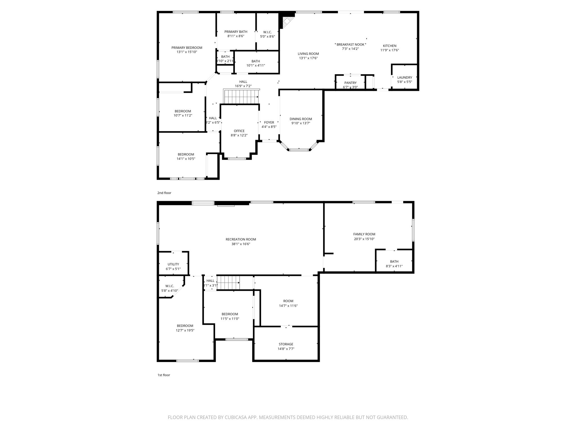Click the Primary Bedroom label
[x=187, y=48]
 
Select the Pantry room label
[x=350, y=83]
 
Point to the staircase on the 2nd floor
[x=241, y=97]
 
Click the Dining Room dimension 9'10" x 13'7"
[x=301, y=123]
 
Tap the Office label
[x=239, y=131]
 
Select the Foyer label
[x=269, y=122]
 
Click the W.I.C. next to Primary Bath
[x=267, y=32]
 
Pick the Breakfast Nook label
[x=350, y=44]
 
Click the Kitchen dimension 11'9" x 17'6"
[x=390, y=50]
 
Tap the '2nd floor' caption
[x=164, y=193]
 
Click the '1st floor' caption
[x=164, y=375]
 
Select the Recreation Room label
[x=241, y=239]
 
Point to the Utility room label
[x=173, y=264]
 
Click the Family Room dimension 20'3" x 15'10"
[x=364, y=239]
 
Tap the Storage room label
[x=286, y=344]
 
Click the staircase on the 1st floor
[x=229, y=283]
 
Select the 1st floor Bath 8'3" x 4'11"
[x=394, y=264]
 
